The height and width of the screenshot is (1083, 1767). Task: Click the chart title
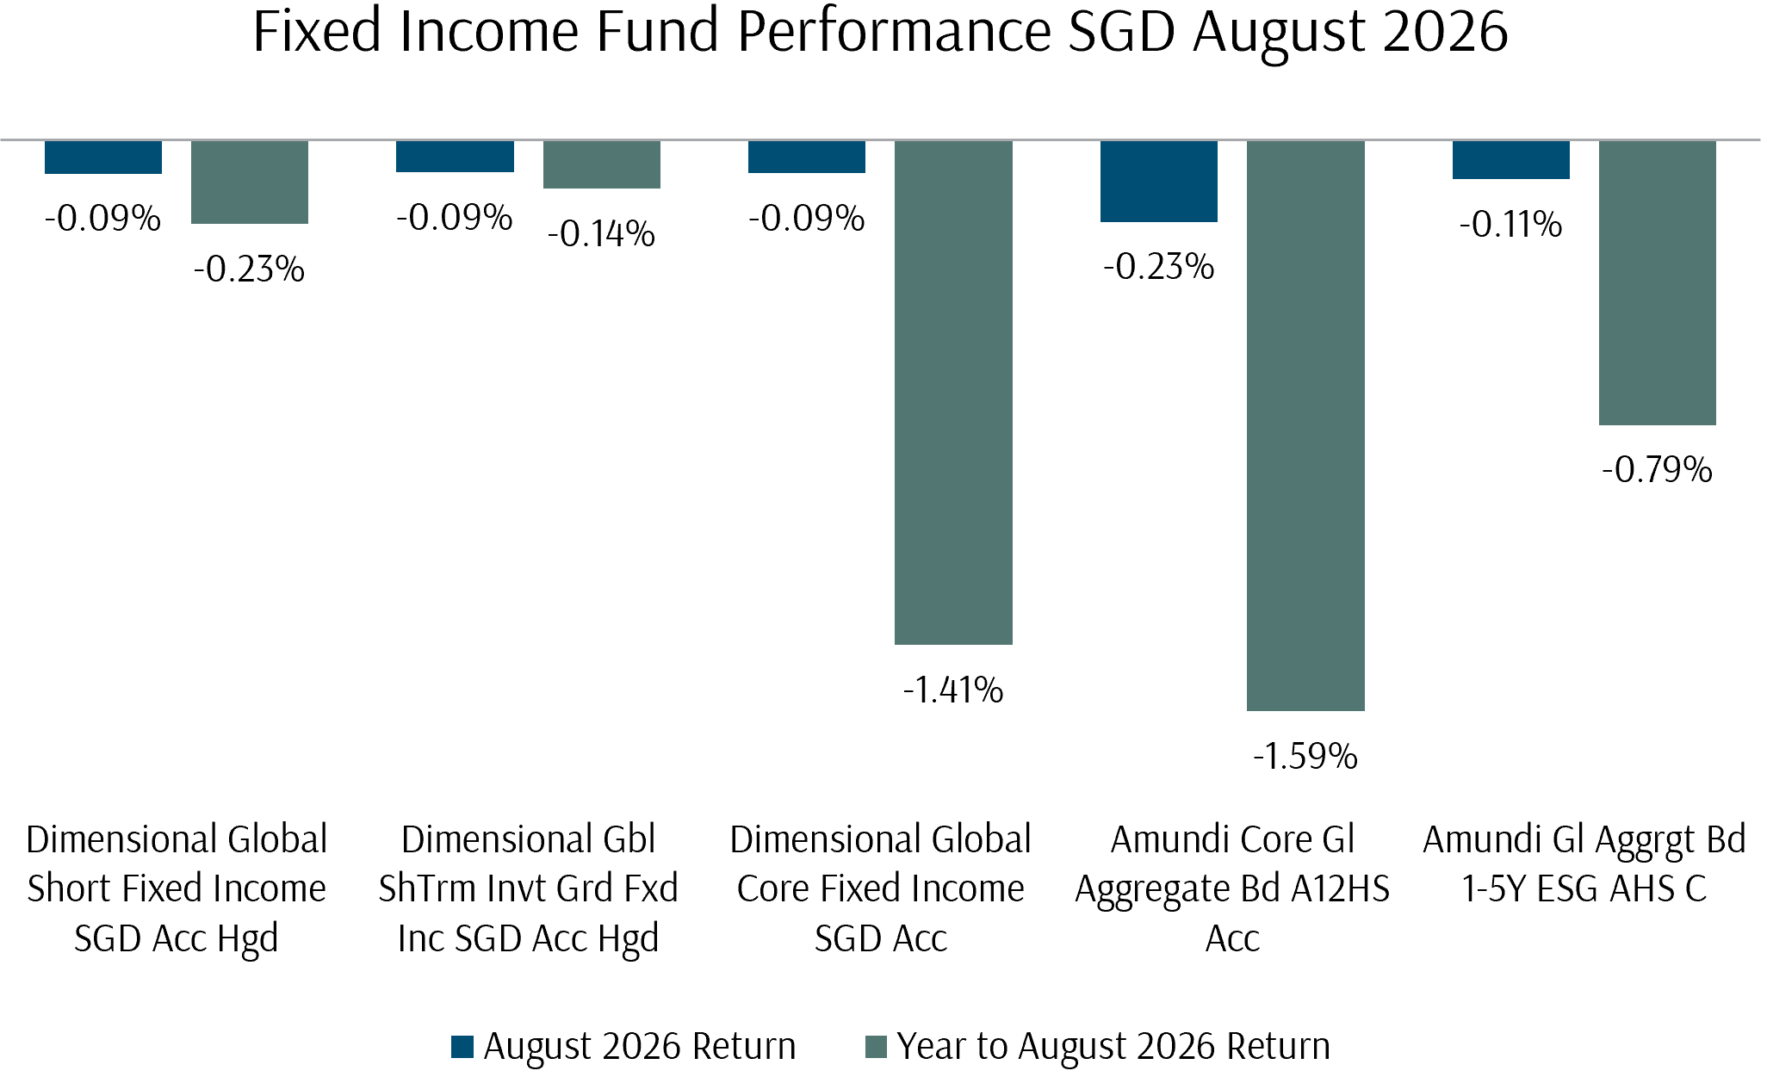[x=880, y=32]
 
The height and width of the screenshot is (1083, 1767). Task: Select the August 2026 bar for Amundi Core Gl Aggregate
[x=1159, y=181]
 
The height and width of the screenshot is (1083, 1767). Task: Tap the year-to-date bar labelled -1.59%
[x=1305, y=425]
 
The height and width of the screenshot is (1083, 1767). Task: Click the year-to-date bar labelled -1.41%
[x=953, y=393]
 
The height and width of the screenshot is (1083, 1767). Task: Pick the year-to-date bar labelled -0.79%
[x=1658, y=282]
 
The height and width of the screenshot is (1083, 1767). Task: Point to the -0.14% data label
[x=601, y=234]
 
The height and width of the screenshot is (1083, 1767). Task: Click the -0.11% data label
[x=1510, y=225]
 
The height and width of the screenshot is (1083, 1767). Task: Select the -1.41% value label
[x=953, y=690]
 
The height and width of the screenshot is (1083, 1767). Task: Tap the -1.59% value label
[x=1305, y=757]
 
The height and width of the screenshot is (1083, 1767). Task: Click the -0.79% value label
[x=1658, y=470]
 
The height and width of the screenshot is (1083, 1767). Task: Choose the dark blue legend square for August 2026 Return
[x=462, y=1047]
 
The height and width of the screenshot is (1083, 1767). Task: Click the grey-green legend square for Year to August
[x=876, y=1047]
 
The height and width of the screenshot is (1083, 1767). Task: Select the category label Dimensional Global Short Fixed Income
[x=177, y=888]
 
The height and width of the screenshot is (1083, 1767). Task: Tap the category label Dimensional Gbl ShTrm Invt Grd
[x=529, y=888]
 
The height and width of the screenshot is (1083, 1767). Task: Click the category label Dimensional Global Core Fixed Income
[x=881, y=888]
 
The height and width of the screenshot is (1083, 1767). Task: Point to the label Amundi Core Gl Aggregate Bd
[x=1232, y=888]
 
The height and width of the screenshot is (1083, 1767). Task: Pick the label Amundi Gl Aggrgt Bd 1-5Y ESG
[x=1584, y=863]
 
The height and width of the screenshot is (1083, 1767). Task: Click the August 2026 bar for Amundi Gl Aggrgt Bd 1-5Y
[x=1511, y=159]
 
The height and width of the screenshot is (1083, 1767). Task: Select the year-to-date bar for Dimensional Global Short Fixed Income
[x=250, y=182]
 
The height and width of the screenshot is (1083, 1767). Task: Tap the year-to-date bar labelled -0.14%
[x=602, y=164]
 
